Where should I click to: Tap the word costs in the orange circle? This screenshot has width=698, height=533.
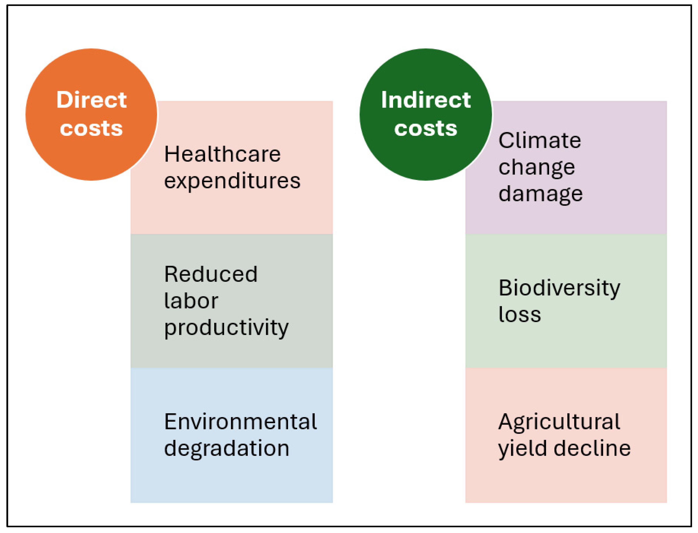[x=91, y=129]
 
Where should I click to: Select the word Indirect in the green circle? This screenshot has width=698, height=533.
[x=426, y=100]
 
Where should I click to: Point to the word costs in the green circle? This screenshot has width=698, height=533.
[x=426, y=129]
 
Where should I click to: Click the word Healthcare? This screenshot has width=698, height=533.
[x=222, y=155]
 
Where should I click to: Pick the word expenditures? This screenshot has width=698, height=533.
[x=232, y=181]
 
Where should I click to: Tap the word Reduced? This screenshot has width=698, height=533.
[x=211, y=274]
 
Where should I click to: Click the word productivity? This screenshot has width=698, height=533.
[x=226, y=328]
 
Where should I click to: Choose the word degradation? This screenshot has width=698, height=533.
[x=227, y=449]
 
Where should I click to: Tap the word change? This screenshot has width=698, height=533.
[x=537, y=168]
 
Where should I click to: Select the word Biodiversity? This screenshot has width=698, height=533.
[x=559, y=289]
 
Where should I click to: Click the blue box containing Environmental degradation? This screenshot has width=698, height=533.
[x=232, y=436]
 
